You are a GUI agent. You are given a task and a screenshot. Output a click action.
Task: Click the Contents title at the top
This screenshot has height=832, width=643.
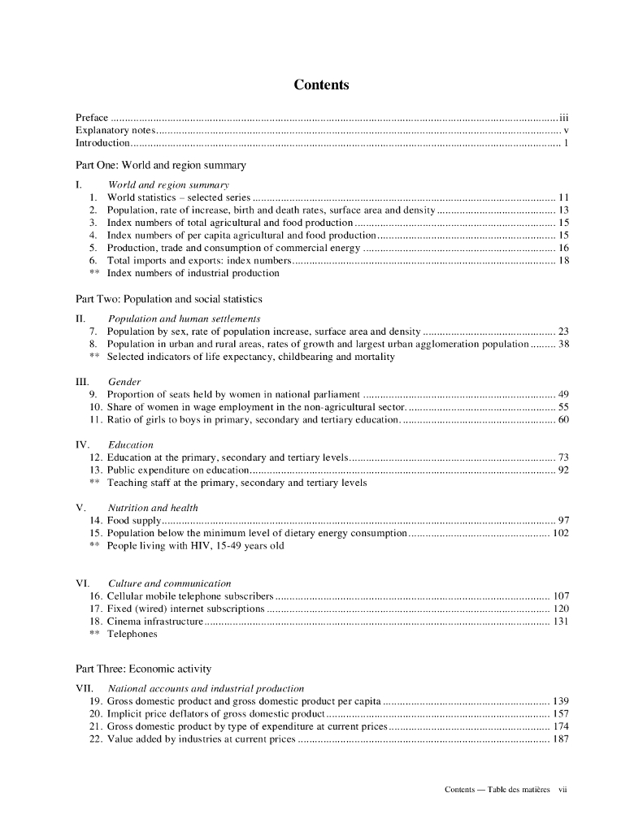(321, 85)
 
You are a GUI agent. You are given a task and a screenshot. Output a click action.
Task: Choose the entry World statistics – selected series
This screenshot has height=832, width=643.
(178, 197)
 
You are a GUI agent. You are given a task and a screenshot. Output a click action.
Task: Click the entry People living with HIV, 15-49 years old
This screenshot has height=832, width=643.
(195, 546)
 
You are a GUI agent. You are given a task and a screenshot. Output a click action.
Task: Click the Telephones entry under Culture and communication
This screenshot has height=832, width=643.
(132, 634)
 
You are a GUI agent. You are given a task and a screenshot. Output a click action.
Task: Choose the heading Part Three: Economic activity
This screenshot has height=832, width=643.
(143, 669)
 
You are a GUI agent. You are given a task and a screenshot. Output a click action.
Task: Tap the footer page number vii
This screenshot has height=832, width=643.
(563, 789)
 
